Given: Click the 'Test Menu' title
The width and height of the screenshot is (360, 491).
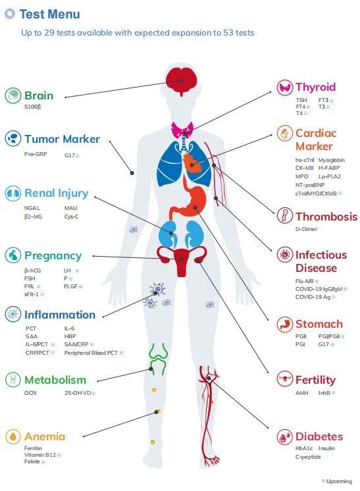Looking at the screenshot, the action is [x=50, y=14].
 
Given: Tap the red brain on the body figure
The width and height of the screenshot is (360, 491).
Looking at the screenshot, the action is [x=181, y=81].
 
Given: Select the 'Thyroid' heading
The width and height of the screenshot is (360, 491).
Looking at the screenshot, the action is [x=315, y=87].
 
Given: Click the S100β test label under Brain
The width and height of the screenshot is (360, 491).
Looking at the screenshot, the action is [x=32, y=107].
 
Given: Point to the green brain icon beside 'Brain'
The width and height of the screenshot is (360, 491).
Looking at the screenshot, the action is [x=13, y=95].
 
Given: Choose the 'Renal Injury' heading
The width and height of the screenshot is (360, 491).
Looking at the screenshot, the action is [x=57, y=193].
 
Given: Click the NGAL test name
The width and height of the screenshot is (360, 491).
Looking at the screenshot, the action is [x=32, y=208].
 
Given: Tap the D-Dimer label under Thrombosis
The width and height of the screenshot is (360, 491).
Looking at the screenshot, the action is [x=306, y=229].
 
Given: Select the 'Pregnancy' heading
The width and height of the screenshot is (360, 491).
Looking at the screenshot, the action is [x=53, y=255].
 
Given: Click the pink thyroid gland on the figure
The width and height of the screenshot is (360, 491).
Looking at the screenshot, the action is [x=182, y=130].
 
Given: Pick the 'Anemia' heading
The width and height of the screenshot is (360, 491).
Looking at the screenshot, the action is [x=45, y=436].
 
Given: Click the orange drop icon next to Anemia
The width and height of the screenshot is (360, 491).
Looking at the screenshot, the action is [x=13, y=436].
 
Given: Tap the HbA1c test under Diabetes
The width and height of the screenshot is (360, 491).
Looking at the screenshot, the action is [x=304, y=448].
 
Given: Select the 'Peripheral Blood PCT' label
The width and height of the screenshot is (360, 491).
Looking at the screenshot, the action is [x=91, y=353].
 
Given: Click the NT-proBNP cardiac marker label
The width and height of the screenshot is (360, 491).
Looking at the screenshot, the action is [x=310, y=185].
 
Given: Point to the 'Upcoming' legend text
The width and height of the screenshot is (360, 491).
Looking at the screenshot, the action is [x=339, y=481].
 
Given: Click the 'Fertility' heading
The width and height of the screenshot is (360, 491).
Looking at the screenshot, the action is [x=315, y=380].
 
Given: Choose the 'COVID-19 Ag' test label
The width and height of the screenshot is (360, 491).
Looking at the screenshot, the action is [x=313, y=297].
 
